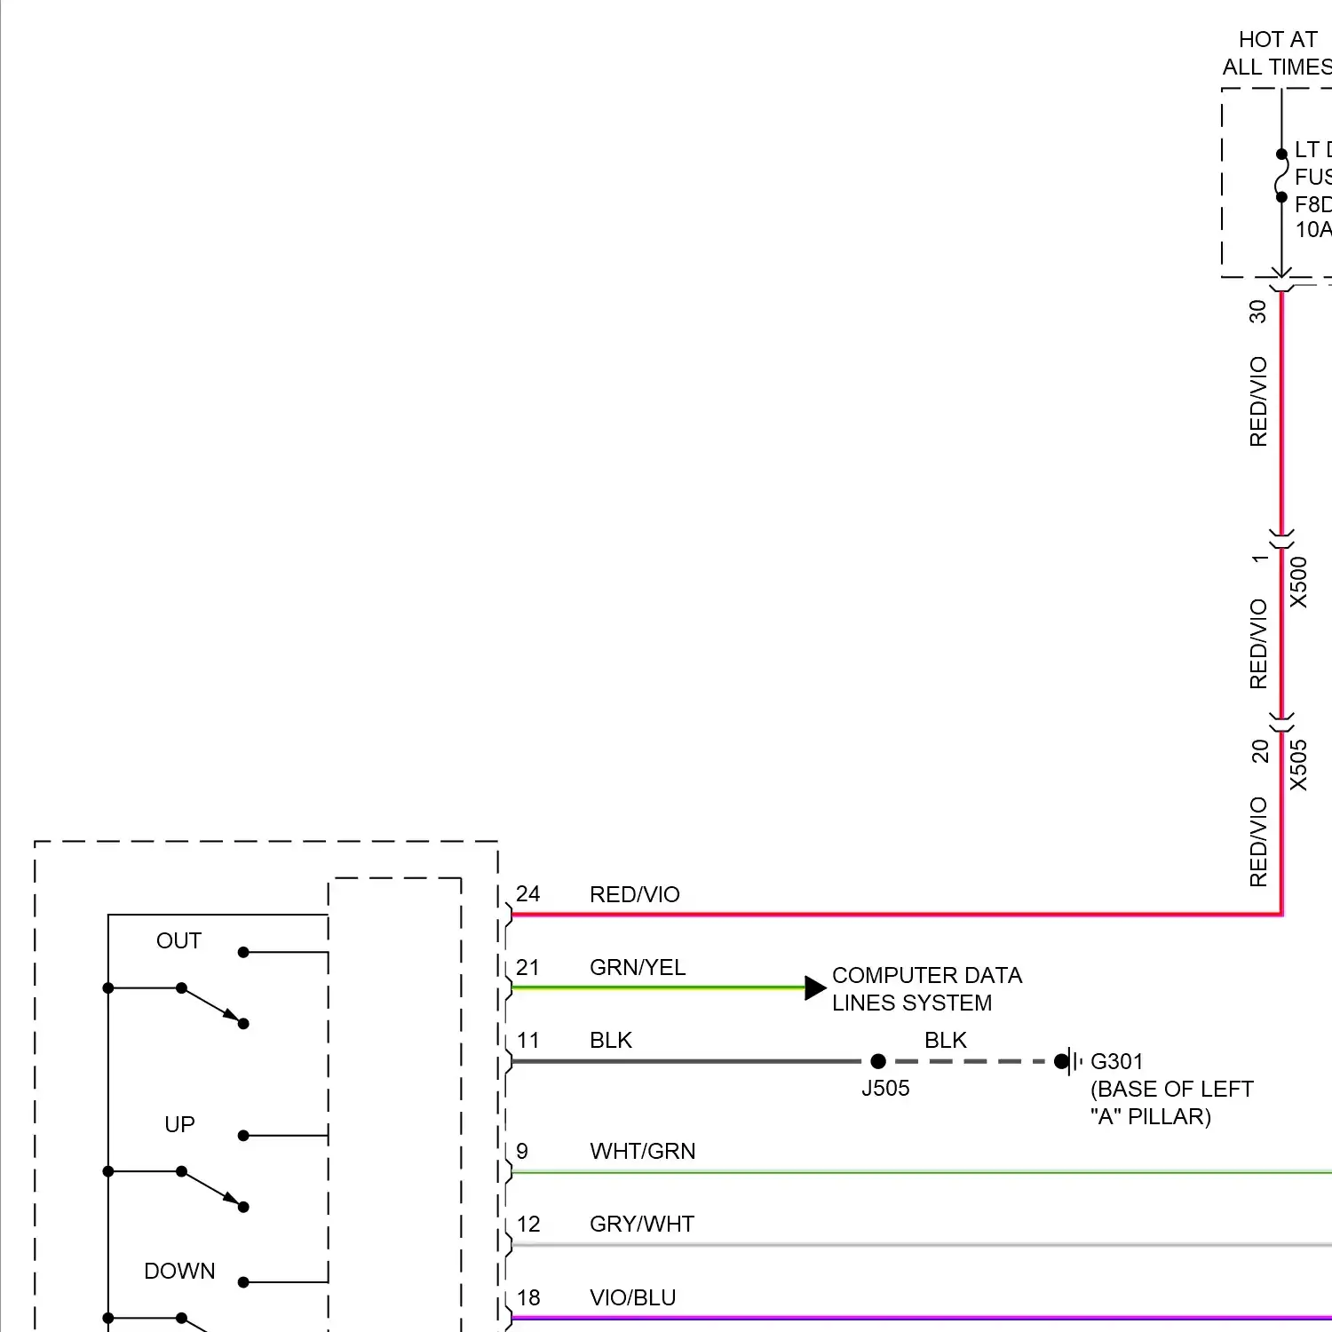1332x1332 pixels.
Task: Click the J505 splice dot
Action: click(x=878, y=1061)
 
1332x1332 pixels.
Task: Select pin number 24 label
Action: click(x=527, y=894)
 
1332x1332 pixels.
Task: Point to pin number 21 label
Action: click(x=527, y=967)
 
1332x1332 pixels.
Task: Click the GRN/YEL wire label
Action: click(x=638, y=967)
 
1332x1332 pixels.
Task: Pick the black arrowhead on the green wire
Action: click(x=814, y=987)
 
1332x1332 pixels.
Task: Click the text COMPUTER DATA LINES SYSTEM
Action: click(x=926, y=989)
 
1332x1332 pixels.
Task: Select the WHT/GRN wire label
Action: click(x=642, y=1151)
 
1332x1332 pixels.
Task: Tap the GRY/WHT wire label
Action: click(x=642, y=1224)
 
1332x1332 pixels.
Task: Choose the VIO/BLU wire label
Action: click(x=632, y=1297)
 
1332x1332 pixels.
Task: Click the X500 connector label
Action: click(x=1298, y=583)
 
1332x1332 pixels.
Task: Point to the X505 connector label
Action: click(x=1298, y=765)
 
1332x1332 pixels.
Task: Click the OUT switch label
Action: click(x=178, y=940)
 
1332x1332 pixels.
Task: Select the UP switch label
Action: click(x=179, y=1124)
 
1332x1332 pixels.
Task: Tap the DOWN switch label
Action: click(x=179, y=1271)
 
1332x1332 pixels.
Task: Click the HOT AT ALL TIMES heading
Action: click(x=1277, y=53)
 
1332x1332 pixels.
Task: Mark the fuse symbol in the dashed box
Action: click(x=1281, y=176)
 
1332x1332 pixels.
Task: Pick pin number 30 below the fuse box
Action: click(x=1257, y=311)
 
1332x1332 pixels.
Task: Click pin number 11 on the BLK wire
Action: click(x=527, y=1040)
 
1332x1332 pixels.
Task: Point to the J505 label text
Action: click(x=885, y=1088)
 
